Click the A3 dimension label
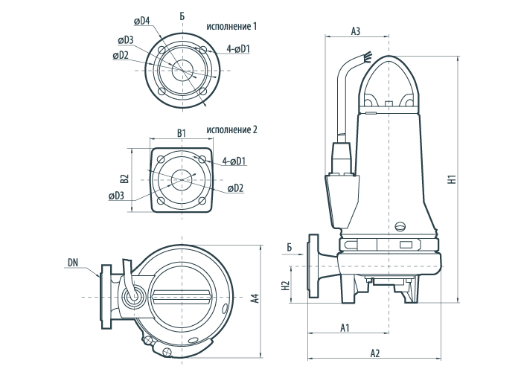(x=355, y=31)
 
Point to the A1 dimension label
(x=345, y=327)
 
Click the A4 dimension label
(x=255, y=298)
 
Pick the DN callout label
(x=72, y=262)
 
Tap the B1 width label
(x=180, y=133)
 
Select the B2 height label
(x=125, y=179)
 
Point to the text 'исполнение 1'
(x=233, y=26)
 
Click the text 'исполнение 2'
(x=232, y=129)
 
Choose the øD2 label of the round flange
(x=121, y=55)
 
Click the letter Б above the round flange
(x=182, y=16)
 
